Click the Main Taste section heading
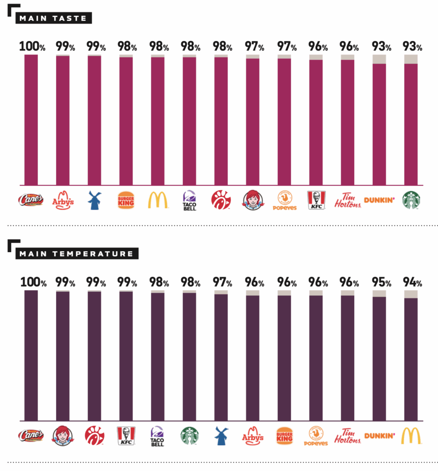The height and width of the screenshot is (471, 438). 53,18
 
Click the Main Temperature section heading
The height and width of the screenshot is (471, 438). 77,254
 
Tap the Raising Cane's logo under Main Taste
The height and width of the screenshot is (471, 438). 31,200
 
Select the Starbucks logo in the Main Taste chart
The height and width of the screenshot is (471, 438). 411,200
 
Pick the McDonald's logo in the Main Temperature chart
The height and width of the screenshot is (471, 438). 411,436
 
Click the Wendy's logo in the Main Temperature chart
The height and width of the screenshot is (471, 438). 63,436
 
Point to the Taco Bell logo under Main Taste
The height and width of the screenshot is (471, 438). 189,201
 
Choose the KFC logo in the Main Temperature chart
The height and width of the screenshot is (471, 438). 126,436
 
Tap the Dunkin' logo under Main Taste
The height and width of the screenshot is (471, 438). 379,200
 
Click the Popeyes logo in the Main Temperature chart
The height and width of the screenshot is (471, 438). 316,436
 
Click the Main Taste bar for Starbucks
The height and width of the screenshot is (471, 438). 411,120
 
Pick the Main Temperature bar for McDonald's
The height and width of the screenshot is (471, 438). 411,356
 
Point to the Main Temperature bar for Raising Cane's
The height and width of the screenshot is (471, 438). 31,356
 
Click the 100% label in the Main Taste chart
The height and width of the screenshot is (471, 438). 32,46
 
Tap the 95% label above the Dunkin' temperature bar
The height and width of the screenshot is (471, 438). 381,282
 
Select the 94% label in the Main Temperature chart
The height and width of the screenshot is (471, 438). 412,282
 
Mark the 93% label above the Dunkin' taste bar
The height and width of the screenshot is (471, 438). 381,46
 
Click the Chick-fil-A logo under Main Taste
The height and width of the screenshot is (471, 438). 221,200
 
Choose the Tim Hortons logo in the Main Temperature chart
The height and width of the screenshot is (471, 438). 347,436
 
